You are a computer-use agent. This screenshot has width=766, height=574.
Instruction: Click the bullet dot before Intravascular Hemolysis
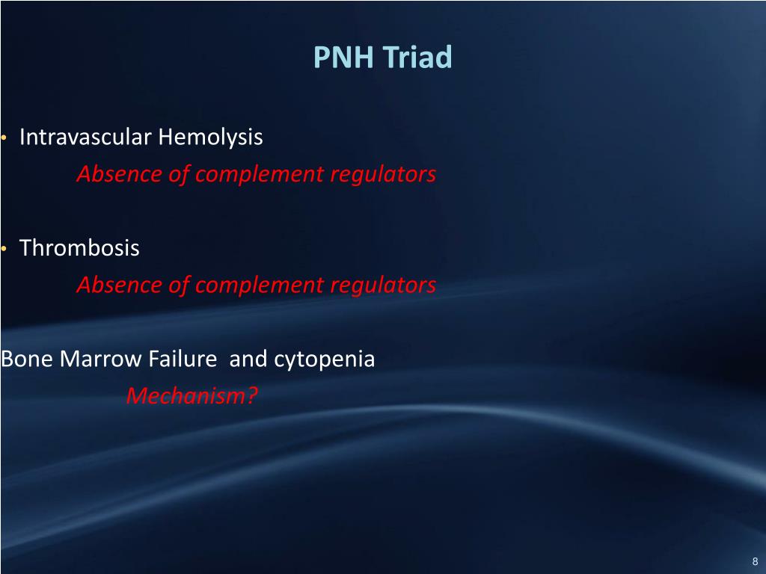[4, 139]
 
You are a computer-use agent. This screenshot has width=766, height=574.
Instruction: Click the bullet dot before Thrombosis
[4, 249]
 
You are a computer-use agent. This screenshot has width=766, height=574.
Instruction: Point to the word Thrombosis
[79, 248]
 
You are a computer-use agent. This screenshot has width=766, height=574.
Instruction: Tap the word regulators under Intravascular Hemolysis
[384, 175]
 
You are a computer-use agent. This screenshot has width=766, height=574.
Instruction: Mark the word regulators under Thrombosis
[384, 286]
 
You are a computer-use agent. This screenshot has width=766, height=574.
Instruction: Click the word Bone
[28, 359]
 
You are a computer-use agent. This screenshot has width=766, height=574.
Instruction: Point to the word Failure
[182, 359]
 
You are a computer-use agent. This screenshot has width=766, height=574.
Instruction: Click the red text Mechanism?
[191, 395]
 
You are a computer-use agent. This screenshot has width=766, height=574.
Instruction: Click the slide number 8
[754, 561]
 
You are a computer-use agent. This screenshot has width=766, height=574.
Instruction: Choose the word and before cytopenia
[248, 359]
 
